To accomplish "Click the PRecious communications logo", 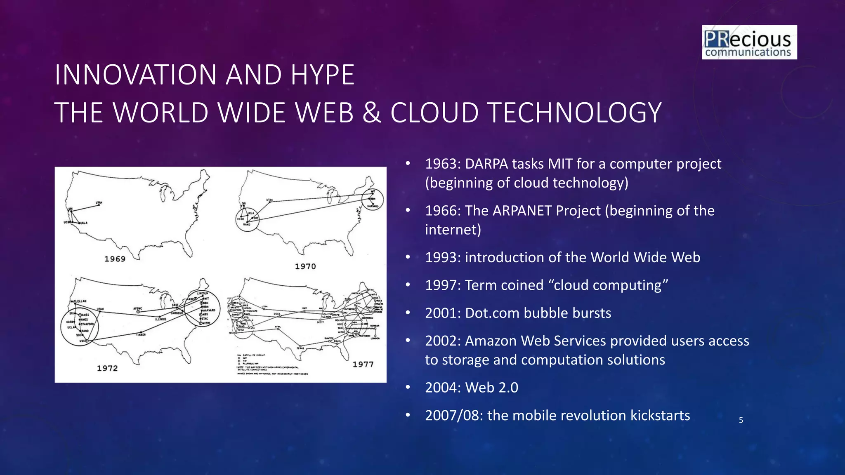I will coord(749,42).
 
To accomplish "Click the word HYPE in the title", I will coord(322,75).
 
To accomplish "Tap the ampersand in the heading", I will coord(372,113).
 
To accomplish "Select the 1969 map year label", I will coord(115,259).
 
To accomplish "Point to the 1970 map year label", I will coord(305,266).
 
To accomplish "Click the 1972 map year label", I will coord(107,368).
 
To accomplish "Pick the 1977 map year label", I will coord(363,364).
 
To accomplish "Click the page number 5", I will coord(741,420).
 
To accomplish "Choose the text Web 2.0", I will coord(491,388).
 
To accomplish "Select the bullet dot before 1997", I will coord(408,285).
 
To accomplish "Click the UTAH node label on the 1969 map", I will coord(99,202).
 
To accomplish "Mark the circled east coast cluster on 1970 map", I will coord(373,199).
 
